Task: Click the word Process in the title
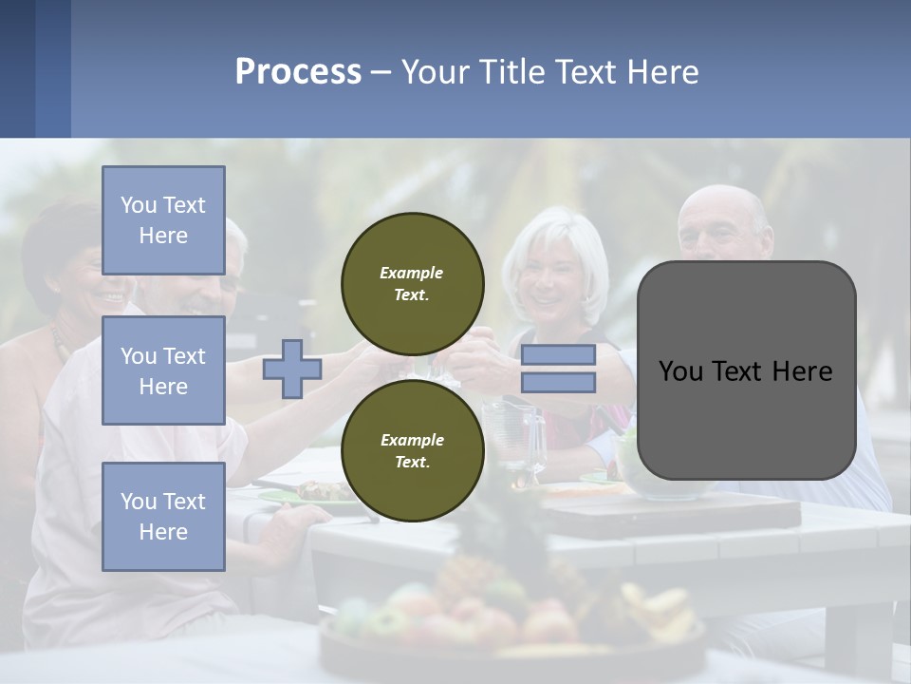pos(298,72)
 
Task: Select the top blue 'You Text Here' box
pos(163,220)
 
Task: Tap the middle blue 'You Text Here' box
pos(163,370)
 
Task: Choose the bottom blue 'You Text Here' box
pos(163,517)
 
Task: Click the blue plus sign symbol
pos(292,370)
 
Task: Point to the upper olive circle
pos(412,283)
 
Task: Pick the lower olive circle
pos(412,450)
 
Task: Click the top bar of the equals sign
pos(558,354)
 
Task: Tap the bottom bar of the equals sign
pos(558,383)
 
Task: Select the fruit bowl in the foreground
pos(512,617)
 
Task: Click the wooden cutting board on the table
pos(683,513)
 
